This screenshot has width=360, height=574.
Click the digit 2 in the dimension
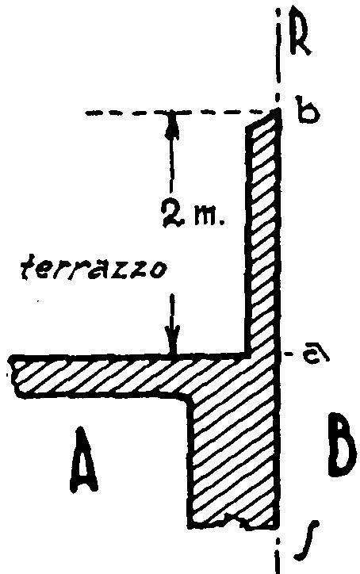click(171, 215)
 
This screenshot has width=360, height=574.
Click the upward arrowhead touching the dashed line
click(171, 124)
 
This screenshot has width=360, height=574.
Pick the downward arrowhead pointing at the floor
click(172, 340)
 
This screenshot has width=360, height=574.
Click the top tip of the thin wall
click(278, 110)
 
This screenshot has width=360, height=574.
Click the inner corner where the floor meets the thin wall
click(248, 354)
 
